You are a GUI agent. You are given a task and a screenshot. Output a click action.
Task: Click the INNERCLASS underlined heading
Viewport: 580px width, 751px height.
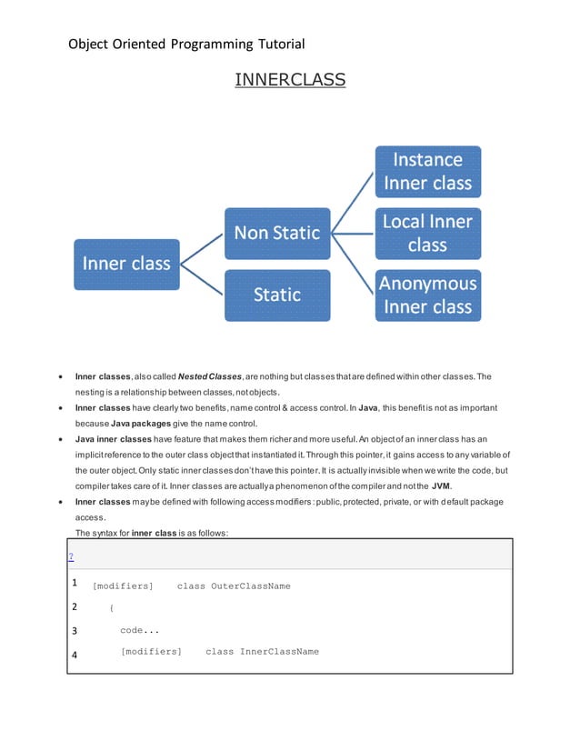click(x=290, y=80)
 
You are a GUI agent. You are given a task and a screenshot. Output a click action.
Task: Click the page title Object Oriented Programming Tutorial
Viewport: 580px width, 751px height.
click(x=186, y=44)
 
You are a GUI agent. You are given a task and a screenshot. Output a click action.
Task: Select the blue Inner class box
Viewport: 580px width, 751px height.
click(x=126, y=264)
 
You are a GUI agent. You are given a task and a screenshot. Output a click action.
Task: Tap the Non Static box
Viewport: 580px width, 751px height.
click(x=277, y=233)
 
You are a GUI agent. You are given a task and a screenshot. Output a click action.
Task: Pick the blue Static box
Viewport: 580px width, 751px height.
click(x=277, y=295)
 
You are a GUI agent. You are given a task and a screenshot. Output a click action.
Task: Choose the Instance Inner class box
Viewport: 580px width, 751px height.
click(x=427, y=172)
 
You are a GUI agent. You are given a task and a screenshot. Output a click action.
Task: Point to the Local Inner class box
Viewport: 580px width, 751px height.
click(x=427, y=233)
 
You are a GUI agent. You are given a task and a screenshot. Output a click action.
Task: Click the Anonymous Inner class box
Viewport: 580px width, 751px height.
click(x=427, y=295)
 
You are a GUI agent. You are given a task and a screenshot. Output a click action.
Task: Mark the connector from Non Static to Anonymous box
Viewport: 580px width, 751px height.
click(x=352, y=264)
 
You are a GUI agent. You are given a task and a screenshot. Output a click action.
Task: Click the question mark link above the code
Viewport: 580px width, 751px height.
click(x=71, y=556)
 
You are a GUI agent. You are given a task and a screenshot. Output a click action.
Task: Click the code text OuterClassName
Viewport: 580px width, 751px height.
click(x=251, y=586)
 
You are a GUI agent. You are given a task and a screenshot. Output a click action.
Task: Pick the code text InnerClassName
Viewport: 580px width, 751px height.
click(x=279, y=652)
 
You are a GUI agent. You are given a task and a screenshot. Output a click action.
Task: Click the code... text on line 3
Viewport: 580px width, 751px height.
click(x=140, y=630)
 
